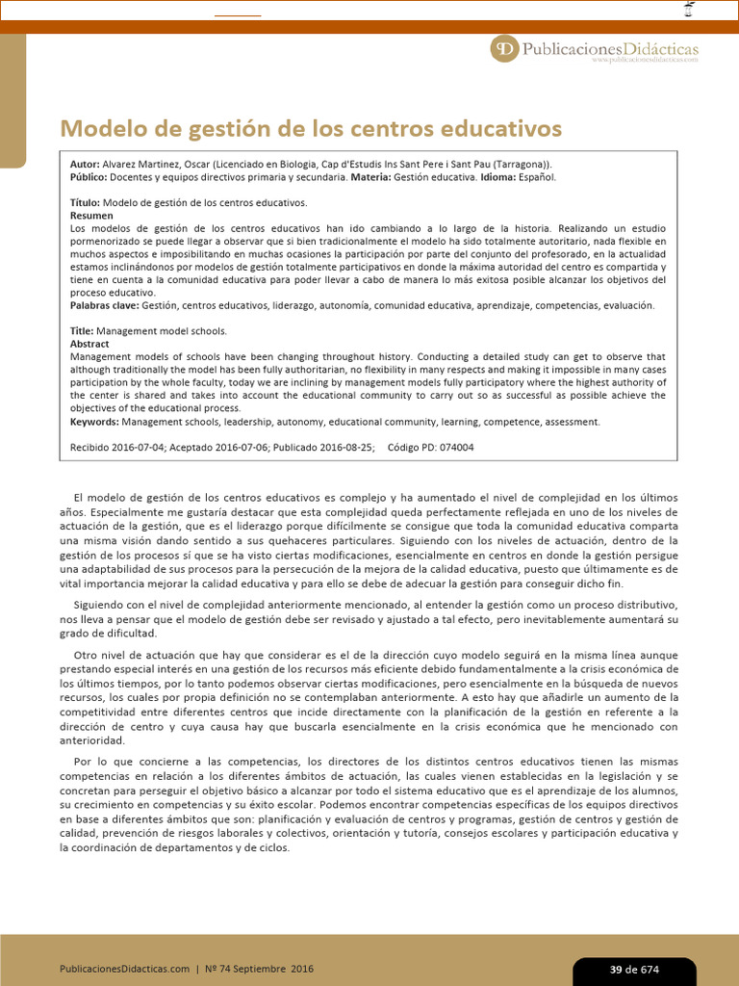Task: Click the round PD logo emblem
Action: [x=504, y=48]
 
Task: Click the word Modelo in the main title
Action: [x=95, y=129]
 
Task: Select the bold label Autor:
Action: [x=86, y=165]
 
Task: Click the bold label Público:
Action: [x=89, y=177]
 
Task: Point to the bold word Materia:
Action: [x=370, y=177]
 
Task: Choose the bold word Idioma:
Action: [x=499, y=177]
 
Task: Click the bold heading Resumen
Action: [x=91, y=216]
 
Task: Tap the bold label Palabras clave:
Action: [x=105, y=305]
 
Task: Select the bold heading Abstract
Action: [x=89, y=344]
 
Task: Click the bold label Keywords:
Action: [x=94, y=422]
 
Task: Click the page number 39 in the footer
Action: [x=616, y=970]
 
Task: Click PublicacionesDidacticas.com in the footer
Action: [x=125, y=969]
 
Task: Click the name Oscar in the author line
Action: [x=192, y=165]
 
